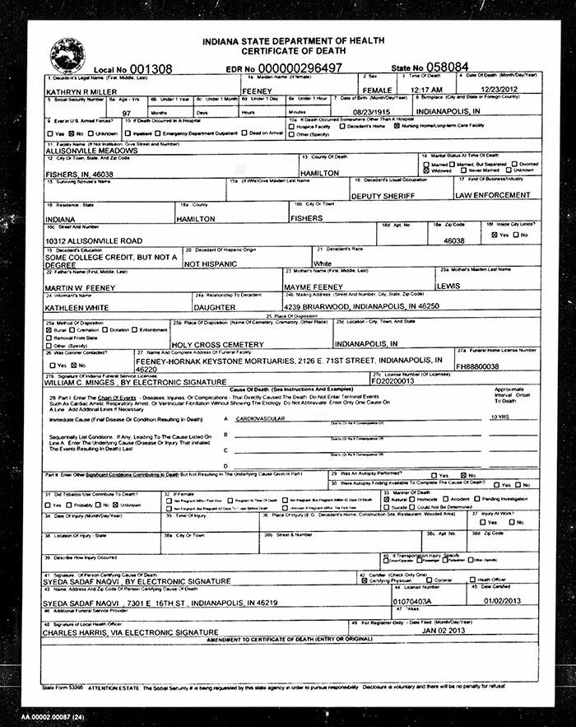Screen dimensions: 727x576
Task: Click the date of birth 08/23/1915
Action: [x=368, y=110]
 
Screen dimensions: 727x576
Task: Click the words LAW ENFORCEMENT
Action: [x=493, y=196]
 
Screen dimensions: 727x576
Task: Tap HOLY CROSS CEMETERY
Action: [x=217, y=345]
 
